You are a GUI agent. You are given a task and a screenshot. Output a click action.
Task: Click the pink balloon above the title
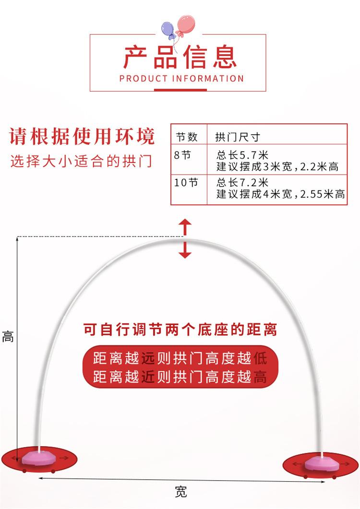click(x=186, y=24)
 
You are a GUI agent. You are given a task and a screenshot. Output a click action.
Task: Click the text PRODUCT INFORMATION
click(x=181, y=79)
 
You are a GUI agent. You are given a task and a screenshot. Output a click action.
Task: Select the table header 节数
click(x=187, y=137)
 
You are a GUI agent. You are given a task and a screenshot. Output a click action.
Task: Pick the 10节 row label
click(x=186, y=182)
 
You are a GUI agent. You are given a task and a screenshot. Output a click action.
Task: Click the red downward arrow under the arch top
click(x=185, y=250)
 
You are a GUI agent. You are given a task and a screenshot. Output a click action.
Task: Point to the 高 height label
click(x=8, y=337)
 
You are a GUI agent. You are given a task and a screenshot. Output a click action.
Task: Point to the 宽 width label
click(x=180, y=492)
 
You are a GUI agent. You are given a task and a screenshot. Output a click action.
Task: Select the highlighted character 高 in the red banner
click(x=259, y=377)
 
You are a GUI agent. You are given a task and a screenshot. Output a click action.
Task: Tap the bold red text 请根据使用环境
click(x=82, y=137)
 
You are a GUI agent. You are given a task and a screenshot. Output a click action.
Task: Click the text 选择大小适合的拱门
click(x=81, y=161)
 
